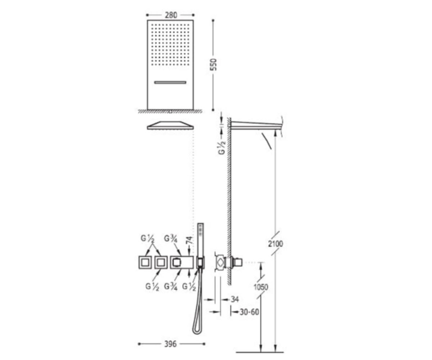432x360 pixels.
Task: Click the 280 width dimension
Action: pyautogui.click(x=171, y=15)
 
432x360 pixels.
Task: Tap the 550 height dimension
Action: pyautogui.click(x=213, y=64)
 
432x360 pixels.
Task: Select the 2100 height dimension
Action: pyautogui.click(x=275, y=244)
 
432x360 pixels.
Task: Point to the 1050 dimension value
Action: pyautogui.click(x=261, y=287)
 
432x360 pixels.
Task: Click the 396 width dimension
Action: pyautogui.click(x=171, y=344)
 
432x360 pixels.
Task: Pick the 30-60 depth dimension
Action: pyautogui.click(x=249, y=312)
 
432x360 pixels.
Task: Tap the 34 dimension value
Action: pyautogui.click(x=235, y=299)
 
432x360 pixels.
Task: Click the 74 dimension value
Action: pyautogui.click(x=189, y=240)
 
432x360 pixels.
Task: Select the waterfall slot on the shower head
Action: pyautogui.click(x=170, y=82)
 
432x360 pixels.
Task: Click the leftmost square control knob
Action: pyautogui.click(x=144, y=262)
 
